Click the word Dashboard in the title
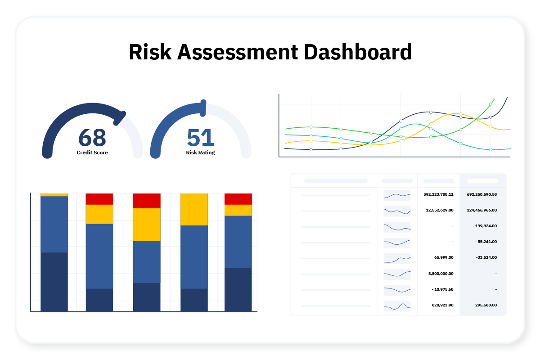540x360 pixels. point(358,52)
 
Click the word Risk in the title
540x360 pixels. point(150,52)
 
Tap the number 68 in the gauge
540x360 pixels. point(92,138)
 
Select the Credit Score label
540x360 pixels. point(92,153)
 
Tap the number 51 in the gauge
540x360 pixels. point(201,138)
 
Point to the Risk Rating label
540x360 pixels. point(200,153)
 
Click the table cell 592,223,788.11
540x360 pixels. point(438,194)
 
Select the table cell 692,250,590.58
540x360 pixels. point(481,194)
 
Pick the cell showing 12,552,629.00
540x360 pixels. point(440,210)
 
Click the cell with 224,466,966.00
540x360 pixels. point(481,210)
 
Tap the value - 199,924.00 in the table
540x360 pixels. point(485,226)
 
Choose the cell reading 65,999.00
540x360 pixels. point(444,257)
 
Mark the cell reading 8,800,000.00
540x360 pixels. point(441,274)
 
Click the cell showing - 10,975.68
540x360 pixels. point(442,289)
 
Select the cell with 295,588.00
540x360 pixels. point(486,305)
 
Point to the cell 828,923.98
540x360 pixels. point(442,305)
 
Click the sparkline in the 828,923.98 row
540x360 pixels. point(397,306)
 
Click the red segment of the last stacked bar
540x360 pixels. point(238,199)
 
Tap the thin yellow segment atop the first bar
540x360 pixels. point(54,195)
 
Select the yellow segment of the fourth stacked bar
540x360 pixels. point(194,209)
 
